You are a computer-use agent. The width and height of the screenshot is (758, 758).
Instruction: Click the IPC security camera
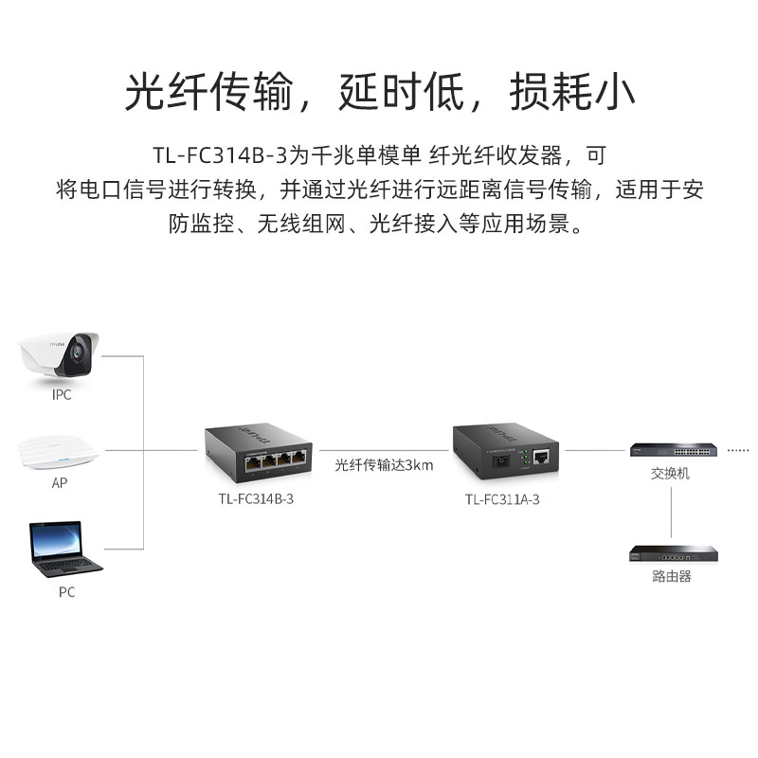point(59,354)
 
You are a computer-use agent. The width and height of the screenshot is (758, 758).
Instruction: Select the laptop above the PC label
point(64,550)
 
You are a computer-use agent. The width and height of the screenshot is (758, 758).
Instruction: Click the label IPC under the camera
point(62,395)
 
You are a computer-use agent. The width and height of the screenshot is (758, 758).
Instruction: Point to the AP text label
point(59,482)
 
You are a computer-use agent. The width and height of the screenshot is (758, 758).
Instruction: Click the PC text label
point(65,592)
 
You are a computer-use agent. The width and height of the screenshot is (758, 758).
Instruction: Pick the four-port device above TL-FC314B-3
point(259,451)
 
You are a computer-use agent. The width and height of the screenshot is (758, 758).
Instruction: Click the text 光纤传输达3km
point(384,465)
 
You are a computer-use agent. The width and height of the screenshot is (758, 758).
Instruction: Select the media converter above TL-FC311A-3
point(504,451)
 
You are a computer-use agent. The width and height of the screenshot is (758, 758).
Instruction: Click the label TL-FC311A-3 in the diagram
point(502,499)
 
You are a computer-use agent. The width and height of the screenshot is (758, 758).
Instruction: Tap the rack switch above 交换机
point(671,448)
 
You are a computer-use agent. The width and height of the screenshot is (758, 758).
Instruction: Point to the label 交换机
point(670,473)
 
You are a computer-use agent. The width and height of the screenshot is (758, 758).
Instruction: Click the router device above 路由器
point(671,552)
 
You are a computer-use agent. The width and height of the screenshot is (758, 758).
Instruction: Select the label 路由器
point(671,576)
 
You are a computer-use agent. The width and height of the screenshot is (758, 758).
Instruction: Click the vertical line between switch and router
point(671,512)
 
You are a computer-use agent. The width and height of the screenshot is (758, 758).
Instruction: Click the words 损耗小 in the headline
point(571,93)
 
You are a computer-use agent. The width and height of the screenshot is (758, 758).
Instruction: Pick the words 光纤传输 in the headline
point(208,93)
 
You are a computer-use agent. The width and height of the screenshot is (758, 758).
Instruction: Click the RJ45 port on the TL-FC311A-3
point(542,458)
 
